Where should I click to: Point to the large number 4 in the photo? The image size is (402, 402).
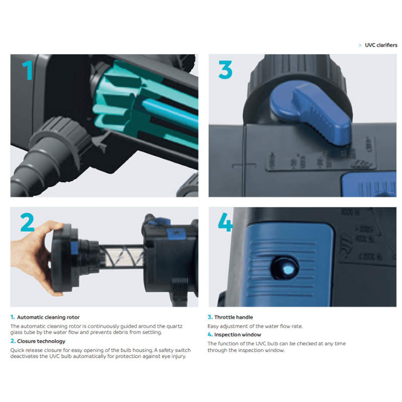225,222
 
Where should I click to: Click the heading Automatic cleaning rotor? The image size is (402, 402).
48,318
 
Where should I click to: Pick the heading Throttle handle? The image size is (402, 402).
233,318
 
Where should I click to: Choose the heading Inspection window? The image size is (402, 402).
238,335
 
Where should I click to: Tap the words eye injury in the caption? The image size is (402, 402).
172,357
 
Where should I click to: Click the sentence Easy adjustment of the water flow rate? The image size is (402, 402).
255,327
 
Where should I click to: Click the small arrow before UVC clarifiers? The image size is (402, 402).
360,45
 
